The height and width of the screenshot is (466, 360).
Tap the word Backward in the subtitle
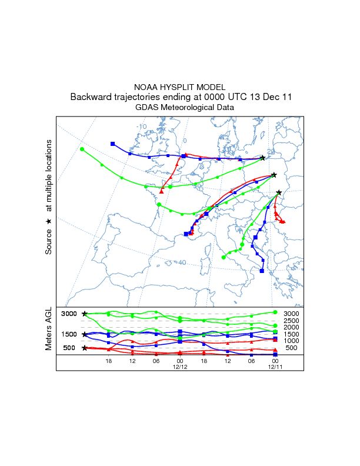(90, 97)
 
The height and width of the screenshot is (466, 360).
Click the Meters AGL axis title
(49, 329)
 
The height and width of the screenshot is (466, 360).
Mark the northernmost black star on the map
(262, 158)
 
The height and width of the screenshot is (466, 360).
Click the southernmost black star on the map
(279, 192)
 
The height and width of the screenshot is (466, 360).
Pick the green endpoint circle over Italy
(224, 257)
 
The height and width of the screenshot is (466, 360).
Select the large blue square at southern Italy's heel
(262, 271)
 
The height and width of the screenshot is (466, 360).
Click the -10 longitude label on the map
(141, 127)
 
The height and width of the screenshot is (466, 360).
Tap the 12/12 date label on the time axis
(179, 367)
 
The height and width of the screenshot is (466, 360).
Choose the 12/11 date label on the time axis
(275, 367)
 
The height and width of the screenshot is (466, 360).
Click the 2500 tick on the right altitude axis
(292, 320)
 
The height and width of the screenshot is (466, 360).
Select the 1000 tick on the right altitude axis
(292, 341)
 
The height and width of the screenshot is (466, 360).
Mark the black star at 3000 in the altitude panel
(85, 314)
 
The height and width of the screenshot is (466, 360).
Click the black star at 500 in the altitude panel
(85, 348)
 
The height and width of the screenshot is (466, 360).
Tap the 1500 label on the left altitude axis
(69, 334)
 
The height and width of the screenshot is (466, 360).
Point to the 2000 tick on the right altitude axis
(292, 327)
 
